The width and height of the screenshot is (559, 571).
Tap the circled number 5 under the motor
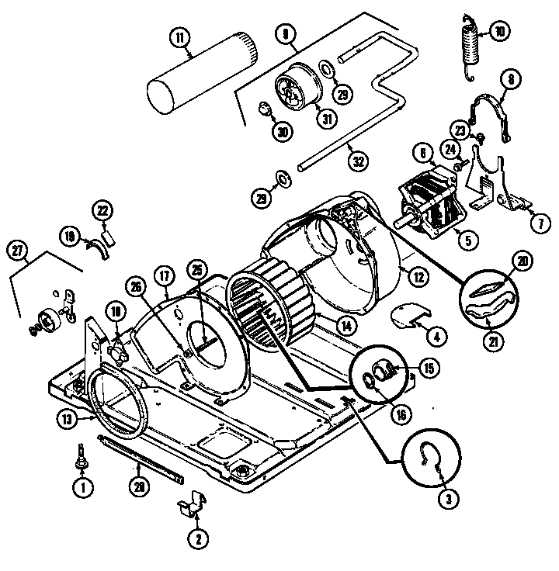466,241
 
